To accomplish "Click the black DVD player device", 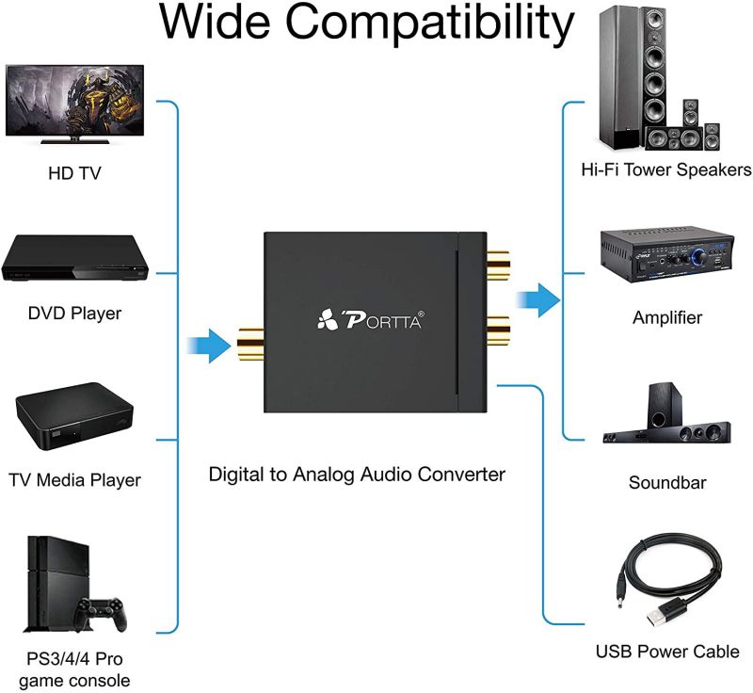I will point(74,257).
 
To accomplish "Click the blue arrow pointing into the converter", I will point(208,345).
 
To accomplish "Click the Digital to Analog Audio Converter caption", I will point(357,474).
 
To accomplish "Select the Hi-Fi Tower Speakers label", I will point(665,170).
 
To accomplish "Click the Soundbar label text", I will point(666,483).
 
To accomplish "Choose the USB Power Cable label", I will point(666,652).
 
